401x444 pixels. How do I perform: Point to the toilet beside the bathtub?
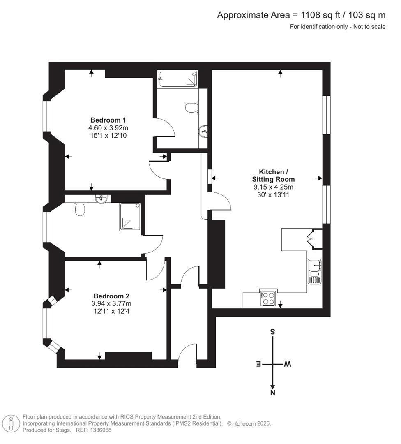pyautogui.click(x=191, y=108)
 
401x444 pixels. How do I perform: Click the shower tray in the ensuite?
pyautogui.click(x=131, y=217)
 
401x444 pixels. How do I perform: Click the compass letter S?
pyautogui.click(x=272, y=332)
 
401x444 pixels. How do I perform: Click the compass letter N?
pyautogui.click(x=272, y=393)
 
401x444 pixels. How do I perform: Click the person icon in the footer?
pyautogui.click(x=12, y=423)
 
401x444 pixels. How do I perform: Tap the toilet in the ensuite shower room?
pyautogui.click(x=80, y=210)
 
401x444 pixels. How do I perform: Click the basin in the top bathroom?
pyautogui.click(x=203, y=131)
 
